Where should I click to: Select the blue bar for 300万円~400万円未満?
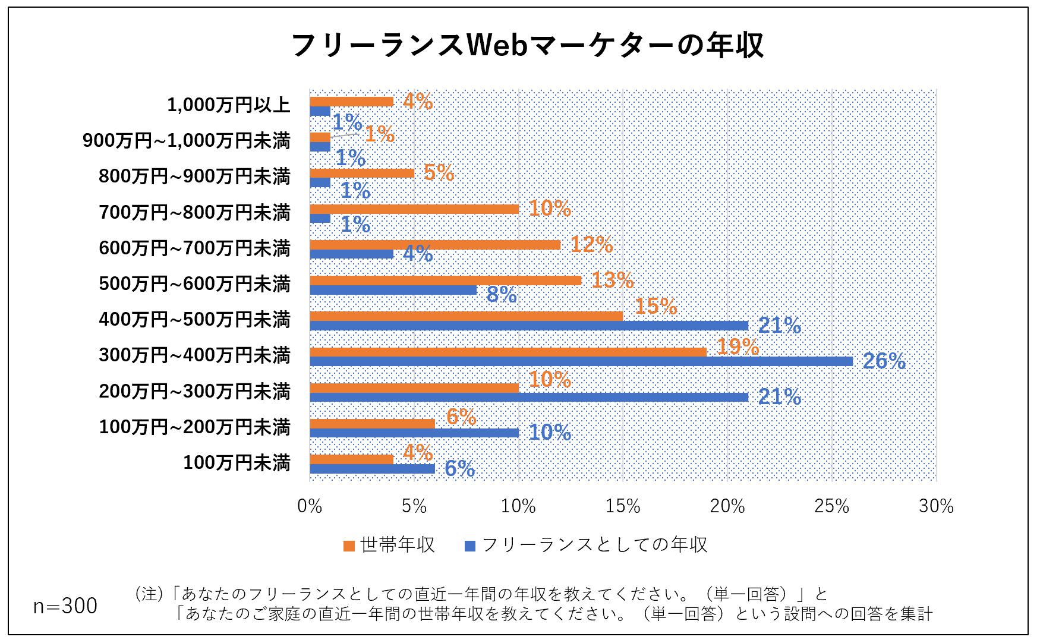pos(581,361)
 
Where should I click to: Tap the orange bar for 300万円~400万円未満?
pos(508,352)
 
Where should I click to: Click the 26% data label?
pos(884,361)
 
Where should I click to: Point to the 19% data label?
pos(738,346)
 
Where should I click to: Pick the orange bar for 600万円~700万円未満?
pos(435,245)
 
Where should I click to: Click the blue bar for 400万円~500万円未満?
pos(529,326)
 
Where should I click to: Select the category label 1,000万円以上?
pos(229,105)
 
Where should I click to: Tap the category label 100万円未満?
pos(237,462)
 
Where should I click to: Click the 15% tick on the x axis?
pos(623,506)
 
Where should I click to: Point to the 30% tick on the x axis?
pos(936,506)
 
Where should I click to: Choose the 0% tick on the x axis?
pos(310,506)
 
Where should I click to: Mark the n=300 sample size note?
pos(65,606)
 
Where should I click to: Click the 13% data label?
pos(612,280)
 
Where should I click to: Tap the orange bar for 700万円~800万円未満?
pos(414,209)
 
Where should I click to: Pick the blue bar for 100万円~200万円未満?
pos(414,433)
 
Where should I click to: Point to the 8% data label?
pos(501,294)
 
